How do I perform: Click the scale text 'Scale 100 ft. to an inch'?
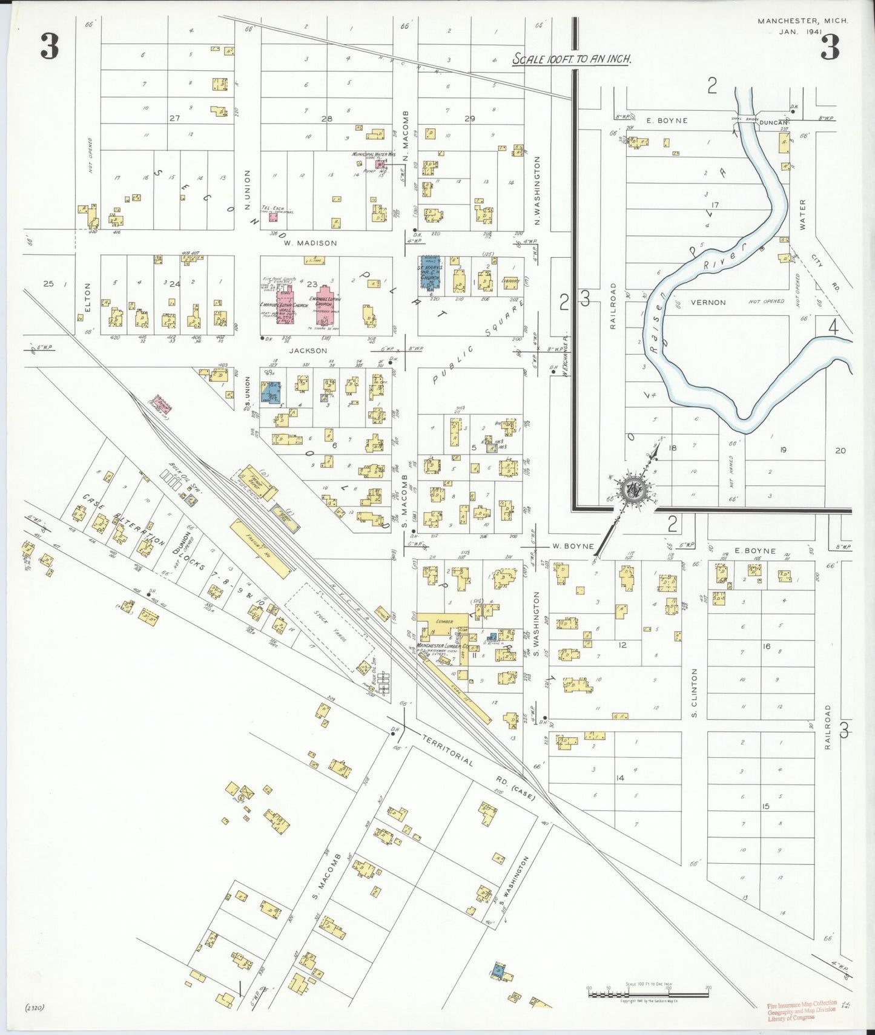tap(572, 59)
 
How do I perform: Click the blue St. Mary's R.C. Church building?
tap(431, 272)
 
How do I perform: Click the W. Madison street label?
tap(310, 243)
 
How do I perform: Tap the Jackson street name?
tap(308, 350)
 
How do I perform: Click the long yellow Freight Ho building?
tap(259, 548)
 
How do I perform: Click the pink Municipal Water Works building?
tap(380, 164)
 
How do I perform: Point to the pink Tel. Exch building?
tap(274, 216)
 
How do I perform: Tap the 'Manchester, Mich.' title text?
tap(802, 21)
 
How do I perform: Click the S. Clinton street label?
tap(694, 692)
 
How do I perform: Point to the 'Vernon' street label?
tap(708, 302)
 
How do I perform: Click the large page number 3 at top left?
tap(50, 47)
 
